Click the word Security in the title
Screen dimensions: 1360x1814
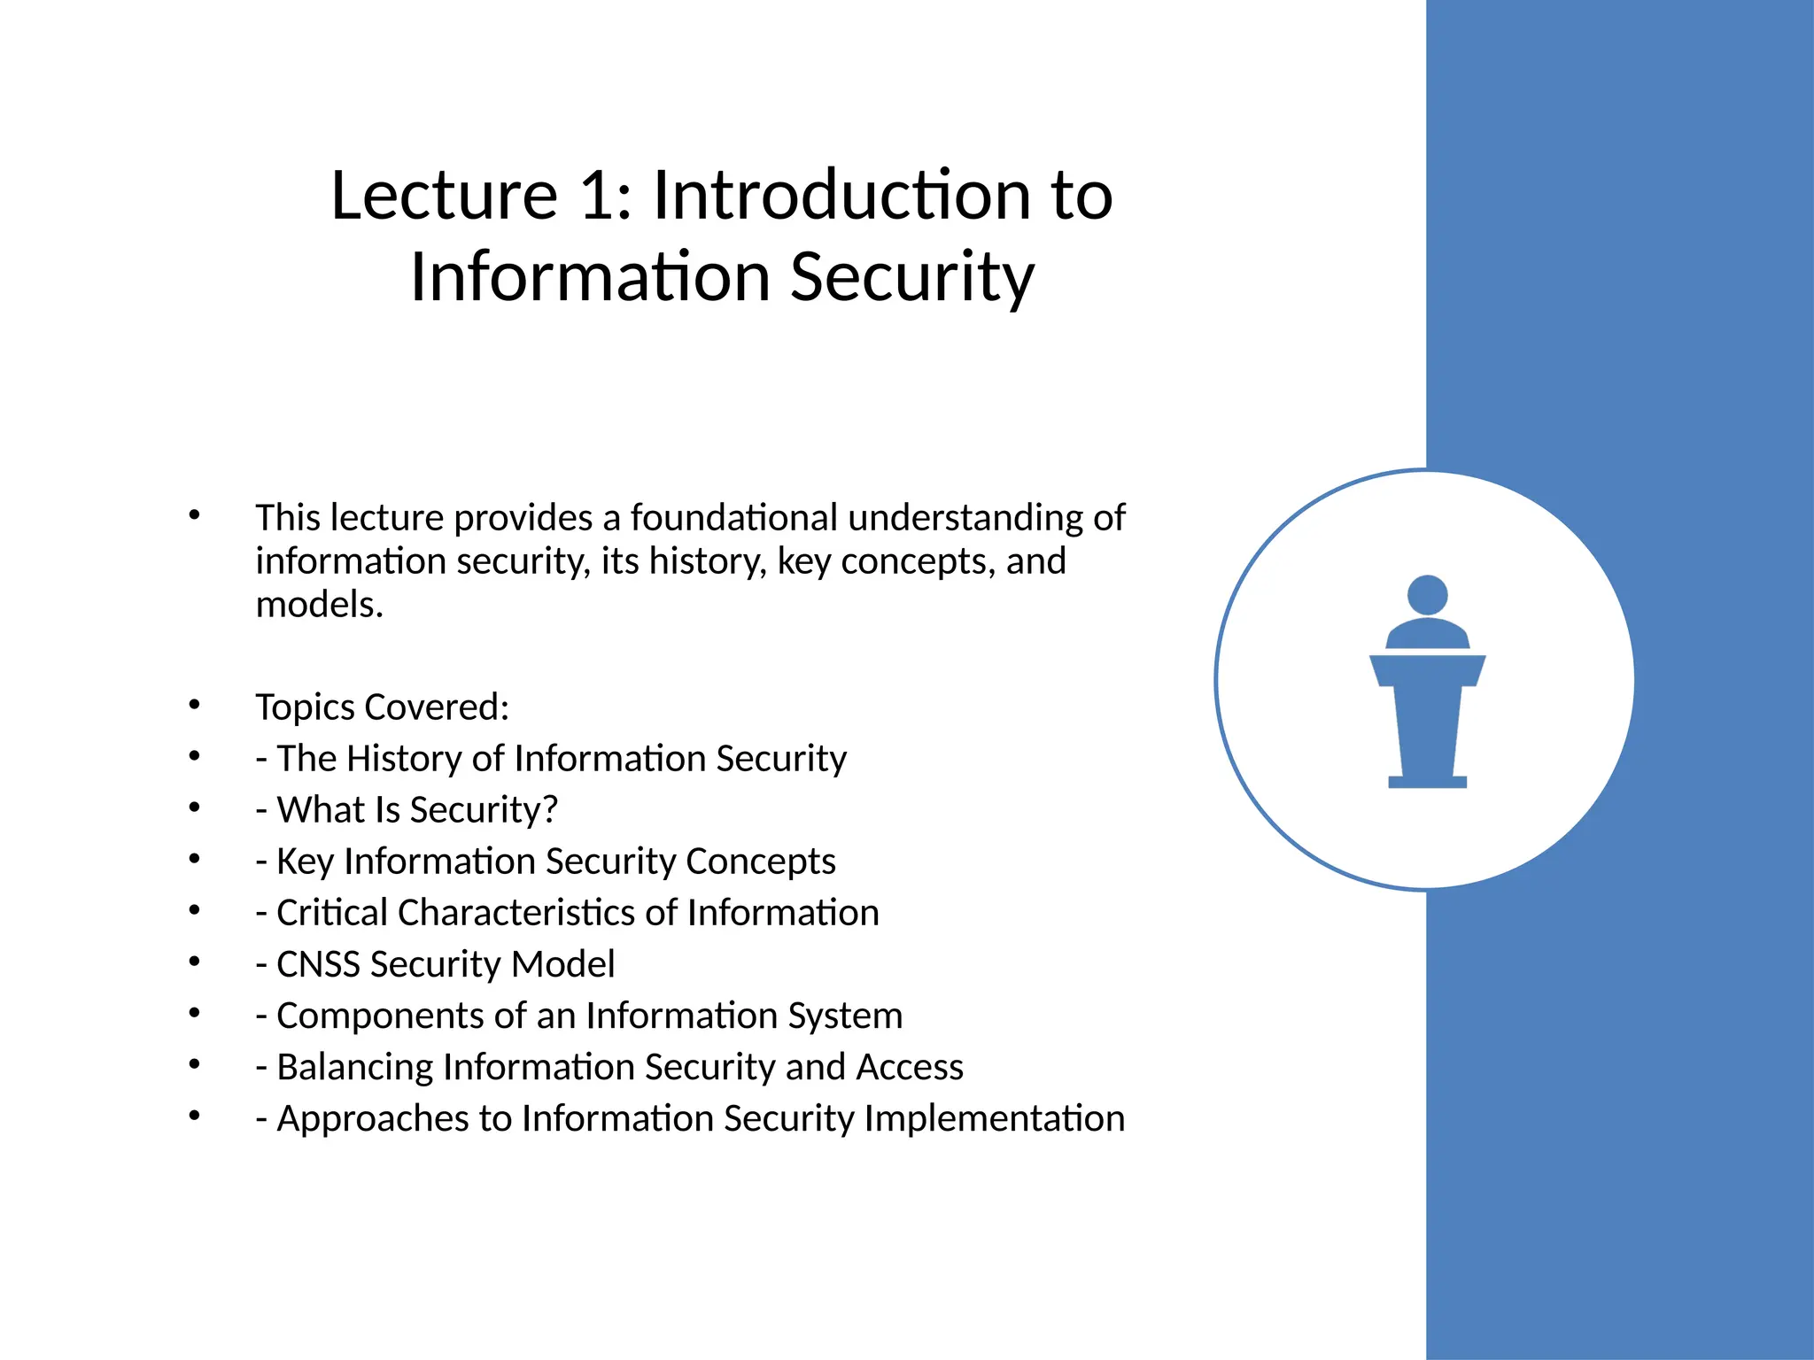(911, 277)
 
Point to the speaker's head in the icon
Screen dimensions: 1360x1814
(1427, 594)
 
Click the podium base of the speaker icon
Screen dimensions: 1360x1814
(1427, 781)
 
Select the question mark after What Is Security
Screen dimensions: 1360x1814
(549, 810)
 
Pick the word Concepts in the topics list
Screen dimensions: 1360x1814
(760, 862)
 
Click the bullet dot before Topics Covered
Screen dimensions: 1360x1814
(195, 706)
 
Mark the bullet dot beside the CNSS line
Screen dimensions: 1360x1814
(195, 962)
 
